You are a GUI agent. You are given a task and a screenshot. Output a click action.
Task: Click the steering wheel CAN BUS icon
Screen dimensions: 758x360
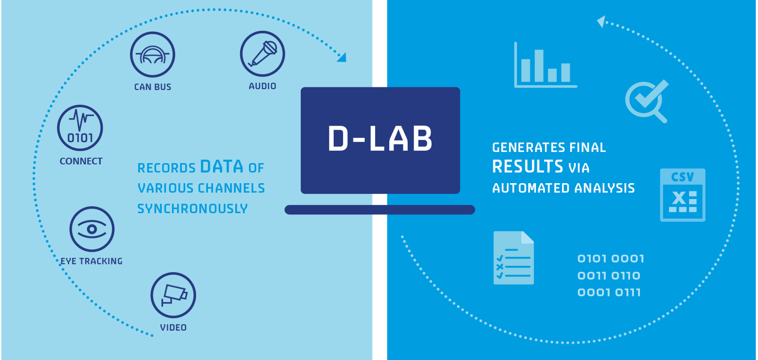click(x=152, y=54)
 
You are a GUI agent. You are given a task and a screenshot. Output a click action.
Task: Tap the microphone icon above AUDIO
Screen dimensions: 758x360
click(x=262, y=54)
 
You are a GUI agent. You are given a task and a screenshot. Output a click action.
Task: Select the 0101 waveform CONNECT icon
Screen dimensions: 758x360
click(x=80, y=128)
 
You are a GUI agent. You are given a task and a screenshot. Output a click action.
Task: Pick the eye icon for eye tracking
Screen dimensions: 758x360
click(x=92, y=229)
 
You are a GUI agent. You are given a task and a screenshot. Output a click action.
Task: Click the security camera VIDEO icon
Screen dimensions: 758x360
click(x=173, y=295)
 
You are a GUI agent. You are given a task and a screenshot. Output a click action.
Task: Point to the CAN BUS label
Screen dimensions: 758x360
click(x=152, y=87)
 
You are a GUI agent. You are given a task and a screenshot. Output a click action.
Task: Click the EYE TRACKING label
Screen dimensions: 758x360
click(x=91, y=261)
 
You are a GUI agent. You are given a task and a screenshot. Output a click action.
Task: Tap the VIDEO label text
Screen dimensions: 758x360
click(x=173, y=327)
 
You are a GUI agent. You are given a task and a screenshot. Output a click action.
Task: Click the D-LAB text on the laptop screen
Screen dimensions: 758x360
click(x=380, y=139)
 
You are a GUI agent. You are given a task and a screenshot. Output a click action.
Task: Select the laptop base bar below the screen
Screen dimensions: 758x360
click(x=380, y=210)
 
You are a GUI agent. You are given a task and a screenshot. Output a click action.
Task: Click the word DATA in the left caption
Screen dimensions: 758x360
click(x=221, y=167)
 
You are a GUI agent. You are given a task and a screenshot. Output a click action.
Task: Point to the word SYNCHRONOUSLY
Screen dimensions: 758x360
click(x=193, y=209)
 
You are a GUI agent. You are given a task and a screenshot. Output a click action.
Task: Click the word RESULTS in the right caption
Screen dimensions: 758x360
click(x=528, y=167)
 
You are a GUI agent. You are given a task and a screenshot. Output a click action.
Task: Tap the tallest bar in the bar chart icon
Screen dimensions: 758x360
click(x=539, y=65)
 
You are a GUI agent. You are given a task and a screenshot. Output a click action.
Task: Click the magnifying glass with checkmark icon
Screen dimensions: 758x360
click(x=647, y=101)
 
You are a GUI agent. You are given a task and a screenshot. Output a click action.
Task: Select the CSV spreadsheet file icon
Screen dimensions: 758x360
click(x=683, y=195)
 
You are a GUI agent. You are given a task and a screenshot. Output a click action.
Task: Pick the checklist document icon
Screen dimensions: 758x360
click(x=514, y=258)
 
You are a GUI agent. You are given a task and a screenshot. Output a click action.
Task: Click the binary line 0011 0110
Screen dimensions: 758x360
click(x=609, y=276)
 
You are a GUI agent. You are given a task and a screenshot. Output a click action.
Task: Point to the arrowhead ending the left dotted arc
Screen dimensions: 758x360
click(x=342, y=57)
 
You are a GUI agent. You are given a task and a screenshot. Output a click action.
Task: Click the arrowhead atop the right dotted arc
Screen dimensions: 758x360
click(x=601, y=22)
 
